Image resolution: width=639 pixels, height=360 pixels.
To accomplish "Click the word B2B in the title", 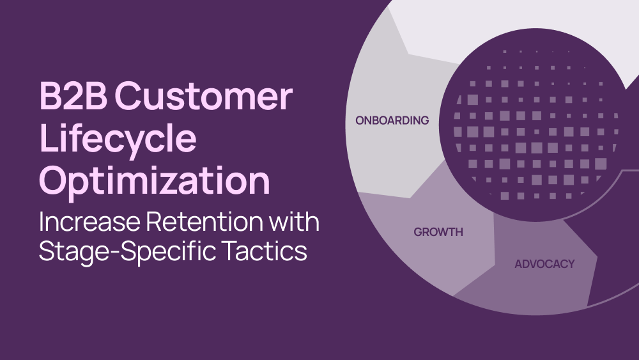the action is point(73,95).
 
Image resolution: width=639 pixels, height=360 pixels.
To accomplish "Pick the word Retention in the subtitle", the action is point(204,221).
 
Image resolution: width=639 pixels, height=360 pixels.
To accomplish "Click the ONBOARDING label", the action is point(392,120).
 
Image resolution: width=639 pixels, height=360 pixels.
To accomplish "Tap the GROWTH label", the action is point(438,232).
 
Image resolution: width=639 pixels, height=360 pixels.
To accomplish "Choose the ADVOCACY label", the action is point(544,264).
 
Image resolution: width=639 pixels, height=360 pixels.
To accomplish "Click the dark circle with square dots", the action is point(535,125).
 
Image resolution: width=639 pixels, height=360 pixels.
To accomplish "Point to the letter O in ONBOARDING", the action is point(360,120).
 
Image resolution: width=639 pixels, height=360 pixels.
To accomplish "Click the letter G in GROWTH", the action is point(418,232).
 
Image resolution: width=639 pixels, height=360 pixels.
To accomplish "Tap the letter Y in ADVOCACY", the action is point(571,264).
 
